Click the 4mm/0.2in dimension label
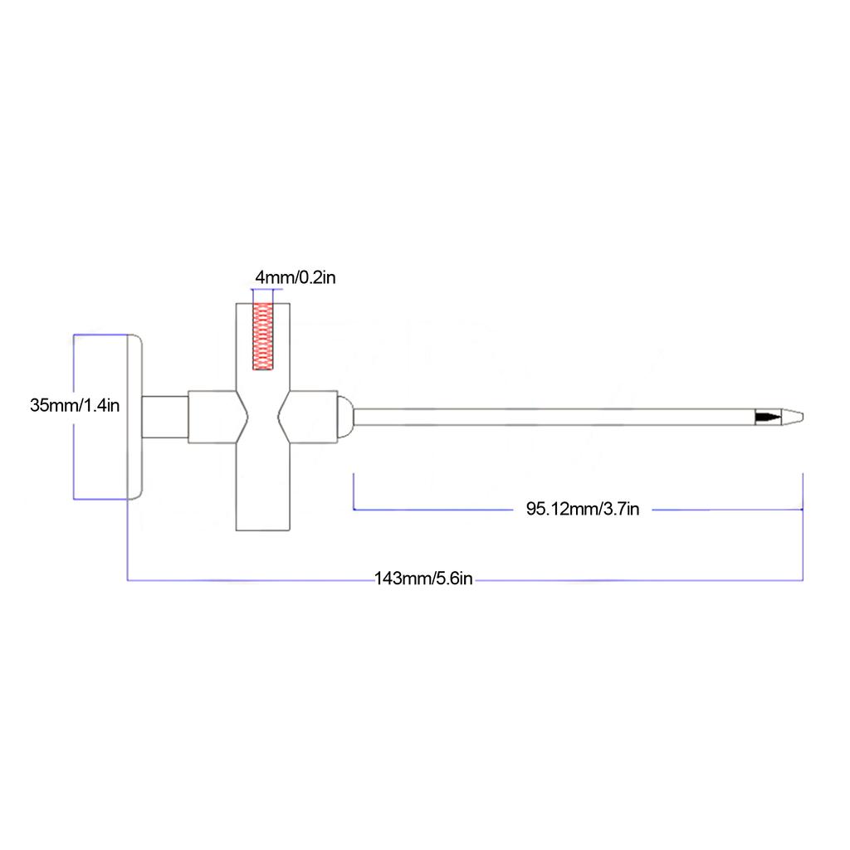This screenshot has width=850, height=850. click(x=295, y=277)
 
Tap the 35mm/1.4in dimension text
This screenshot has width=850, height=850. click(x=75, y=406)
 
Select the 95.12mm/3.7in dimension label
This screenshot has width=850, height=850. click(x=582, y=509)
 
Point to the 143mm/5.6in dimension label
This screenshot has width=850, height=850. click(x=423, y=579)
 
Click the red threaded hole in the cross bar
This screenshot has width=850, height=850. click(x=263, y=335)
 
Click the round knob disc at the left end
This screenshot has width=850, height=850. click(x=134, y=416)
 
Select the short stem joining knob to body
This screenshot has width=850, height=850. click(x=166, y=417)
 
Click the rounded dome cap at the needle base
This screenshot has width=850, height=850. click(x=344, y=417)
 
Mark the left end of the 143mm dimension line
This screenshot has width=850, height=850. click(x=127, y=579)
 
